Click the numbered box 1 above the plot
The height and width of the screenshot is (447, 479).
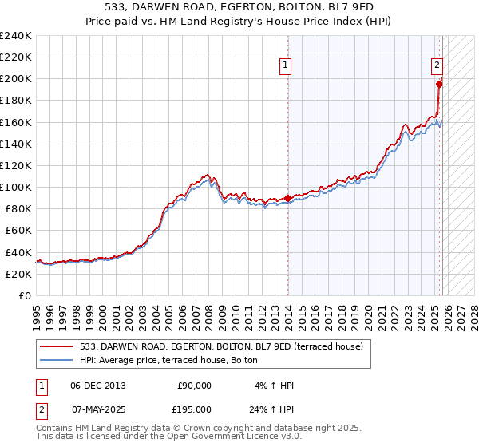tap(286, 67)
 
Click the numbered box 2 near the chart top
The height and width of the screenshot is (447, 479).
tap(437, 67)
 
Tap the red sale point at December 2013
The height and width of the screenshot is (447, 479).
tap(288, 198)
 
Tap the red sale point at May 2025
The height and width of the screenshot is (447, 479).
tap(439, 83)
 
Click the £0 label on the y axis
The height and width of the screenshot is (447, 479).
tap(24, 295)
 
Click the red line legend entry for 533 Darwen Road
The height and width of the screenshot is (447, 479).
tap(221, 346)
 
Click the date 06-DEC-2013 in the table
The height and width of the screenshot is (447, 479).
tap(97, 385)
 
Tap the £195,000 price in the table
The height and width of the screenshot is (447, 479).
tap(194, 409)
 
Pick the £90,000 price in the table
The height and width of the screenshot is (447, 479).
tap(194, 385)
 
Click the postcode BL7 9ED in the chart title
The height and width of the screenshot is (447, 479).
tap(321, 10)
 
